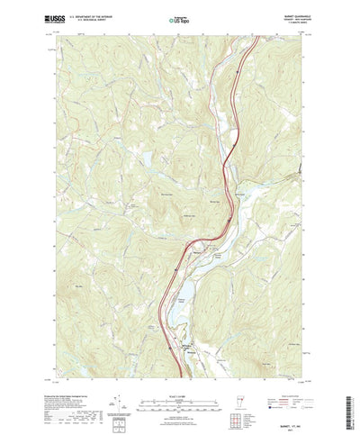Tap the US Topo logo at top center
[179, 18]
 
